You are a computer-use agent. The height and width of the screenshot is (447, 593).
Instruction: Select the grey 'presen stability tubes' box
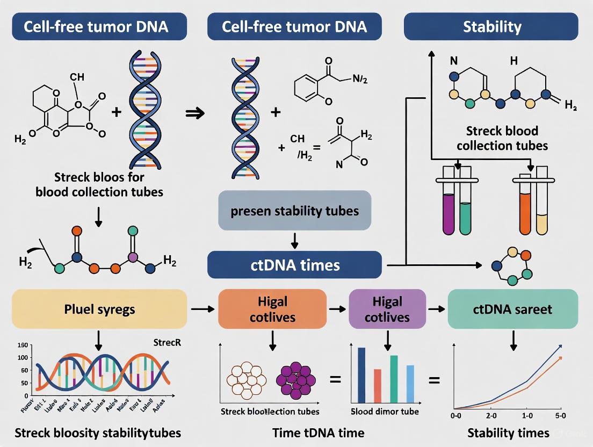click(x=294, y=210)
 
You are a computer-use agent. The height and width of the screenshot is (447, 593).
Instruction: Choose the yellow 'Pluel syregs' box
click(x=99, y=309)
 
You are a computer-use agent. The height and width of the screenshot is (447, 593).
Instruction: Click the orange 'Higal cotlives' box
click(x=272, y=309)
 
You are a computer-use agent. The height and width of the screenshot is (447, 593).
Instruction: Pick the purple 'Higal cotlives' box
click(x=387, y=309)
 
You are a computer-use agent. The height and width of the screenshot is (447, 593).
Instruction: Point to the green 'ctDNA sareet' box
click(x=512, y=309)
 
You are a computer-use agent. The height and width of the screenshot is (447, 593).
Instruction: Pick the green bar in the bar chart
click(x=394, y=378)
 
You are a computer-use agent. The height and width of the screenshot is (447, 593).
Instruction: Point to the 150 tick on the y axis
click(x=23, y=345)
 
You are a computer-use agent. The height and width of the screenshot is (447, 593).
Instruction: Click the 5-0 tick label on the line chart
click(x=560, y=416)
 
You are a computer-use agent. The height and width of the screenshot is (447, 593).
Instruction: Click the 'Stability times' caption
click(x=508, y=433)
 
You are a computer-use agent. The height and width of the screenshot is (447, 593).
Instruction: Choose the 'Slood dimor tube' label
click(x=385, y=412)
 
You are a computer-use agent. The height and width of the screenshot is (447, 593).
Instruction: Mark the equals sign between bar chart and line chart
click(x=433, y=380)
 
